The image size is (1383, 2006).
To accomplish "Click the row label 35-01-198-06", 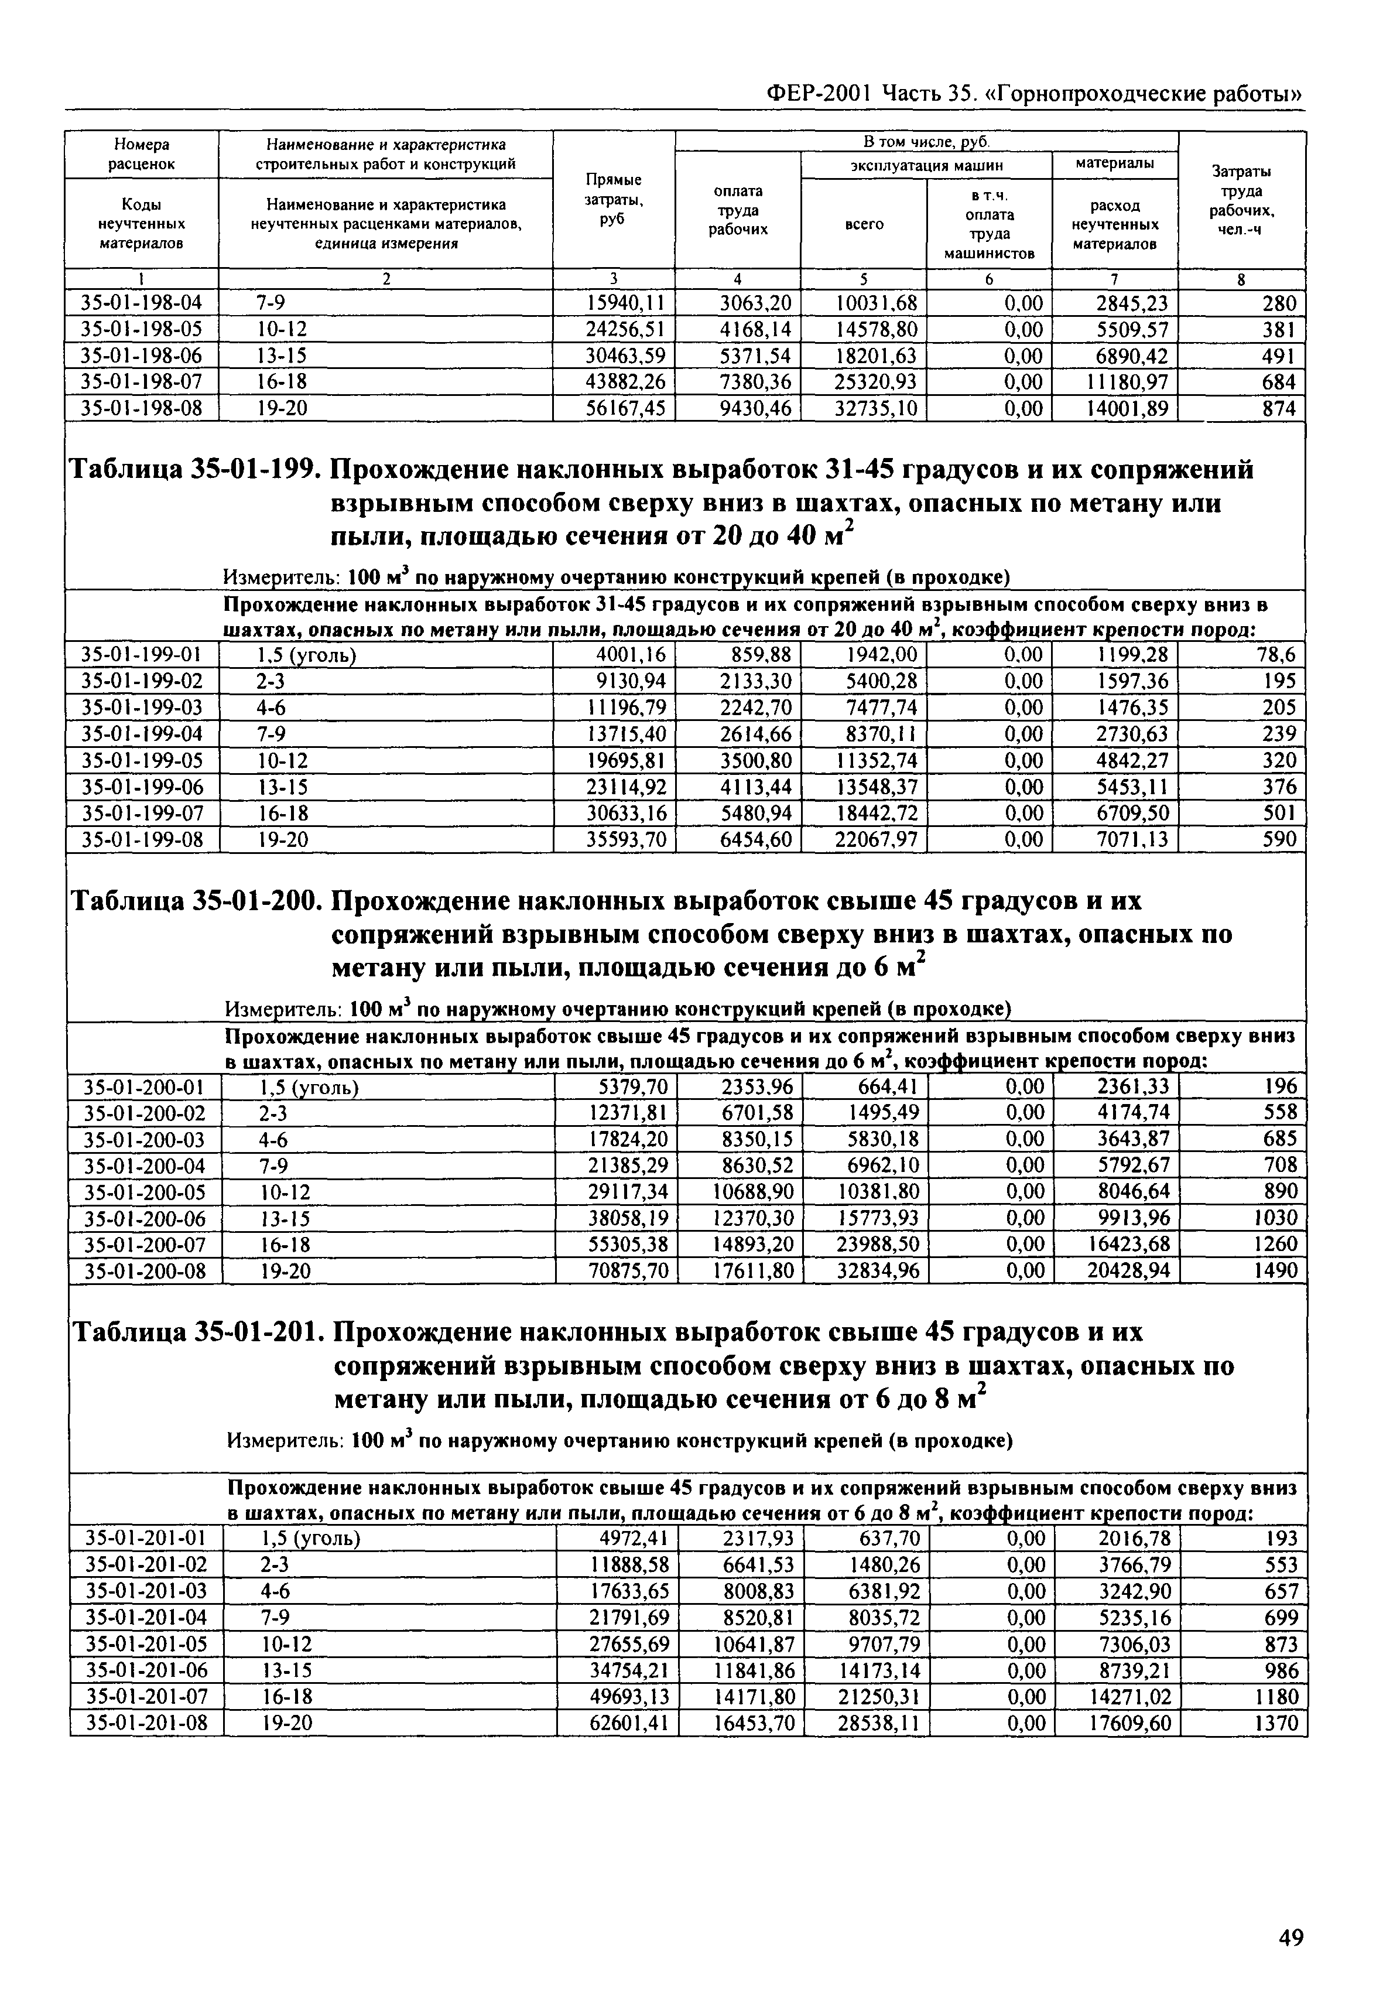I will (141, 356).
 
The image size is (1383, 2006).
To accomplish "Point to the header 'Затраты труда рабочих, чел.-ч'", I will (1242, 200).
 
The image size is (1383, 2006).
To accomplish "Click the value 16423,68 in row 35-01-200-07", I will (1129, 1244).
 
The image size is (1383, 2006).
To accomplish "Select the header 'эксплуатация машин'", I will (926, 165).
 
